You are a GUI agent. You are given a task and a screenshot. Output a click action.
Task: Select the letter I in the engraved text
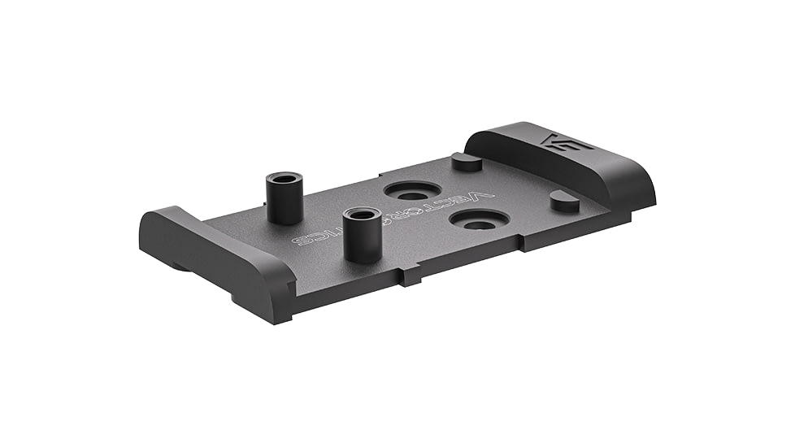coord(328,235)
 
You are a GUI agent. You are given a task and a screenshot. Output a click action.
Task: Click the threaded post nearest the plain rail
coord(285,198)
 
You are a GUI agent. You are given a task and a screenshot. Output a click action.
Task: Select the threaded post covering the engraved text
coord(362,235)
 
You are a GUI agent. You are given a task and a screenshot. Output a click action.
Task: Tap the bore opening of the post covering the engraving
coord(362,215)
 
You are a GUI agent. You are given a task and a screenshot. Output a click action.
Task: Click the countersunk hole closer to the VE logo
coord(479,220)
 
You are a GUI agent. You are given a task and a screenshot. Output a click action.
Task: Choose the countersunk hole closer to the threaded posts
coord(412,192)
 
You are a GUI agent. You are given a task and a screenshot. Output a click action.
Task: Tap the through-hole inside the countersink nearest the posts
coord(412,195)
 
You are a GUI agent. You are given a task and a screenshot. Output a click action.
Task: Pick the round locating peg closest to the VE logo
coord(564,201)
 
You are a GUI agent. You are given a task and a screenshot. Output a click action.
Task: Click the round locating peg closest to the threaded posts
coord(467,162)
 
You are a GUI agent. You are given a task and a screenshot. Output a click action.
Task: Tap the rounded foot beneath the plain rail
coord(179,265)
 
